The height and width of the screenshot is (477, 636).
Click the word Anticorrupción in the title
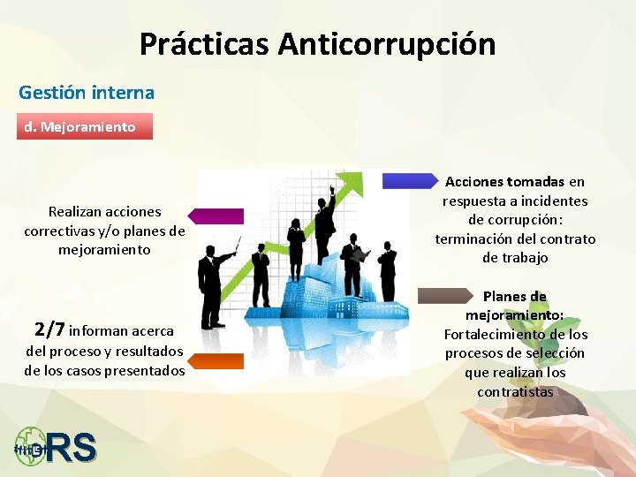pyautogui.click(x=387, y=43)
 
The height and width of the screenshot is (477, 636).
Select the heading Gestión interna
pyautogui.click(x=87, y=92)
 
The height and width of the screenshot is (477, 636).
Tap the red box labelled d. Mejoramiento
pyautogui.click(x=85, y=126)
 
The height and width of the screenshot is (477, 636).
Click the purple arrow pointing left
pyautogui.click(x=216, y=216)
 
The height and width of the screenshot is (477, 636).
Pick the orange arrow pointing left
pyautogui.click(x=216, y=360)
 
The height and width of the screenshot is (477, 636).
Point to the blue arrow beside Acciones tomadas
pyautogui.click(x=412, y=181)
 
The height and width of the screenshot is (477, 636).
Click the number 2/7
pyautogui.click(x=49, y=330)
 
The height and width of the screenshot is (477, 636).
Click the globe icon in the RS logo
pyautogui.click(x=31, y=447)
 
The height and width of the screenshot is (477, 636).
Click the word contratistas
pyautogui.click(x=515, y=391)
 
